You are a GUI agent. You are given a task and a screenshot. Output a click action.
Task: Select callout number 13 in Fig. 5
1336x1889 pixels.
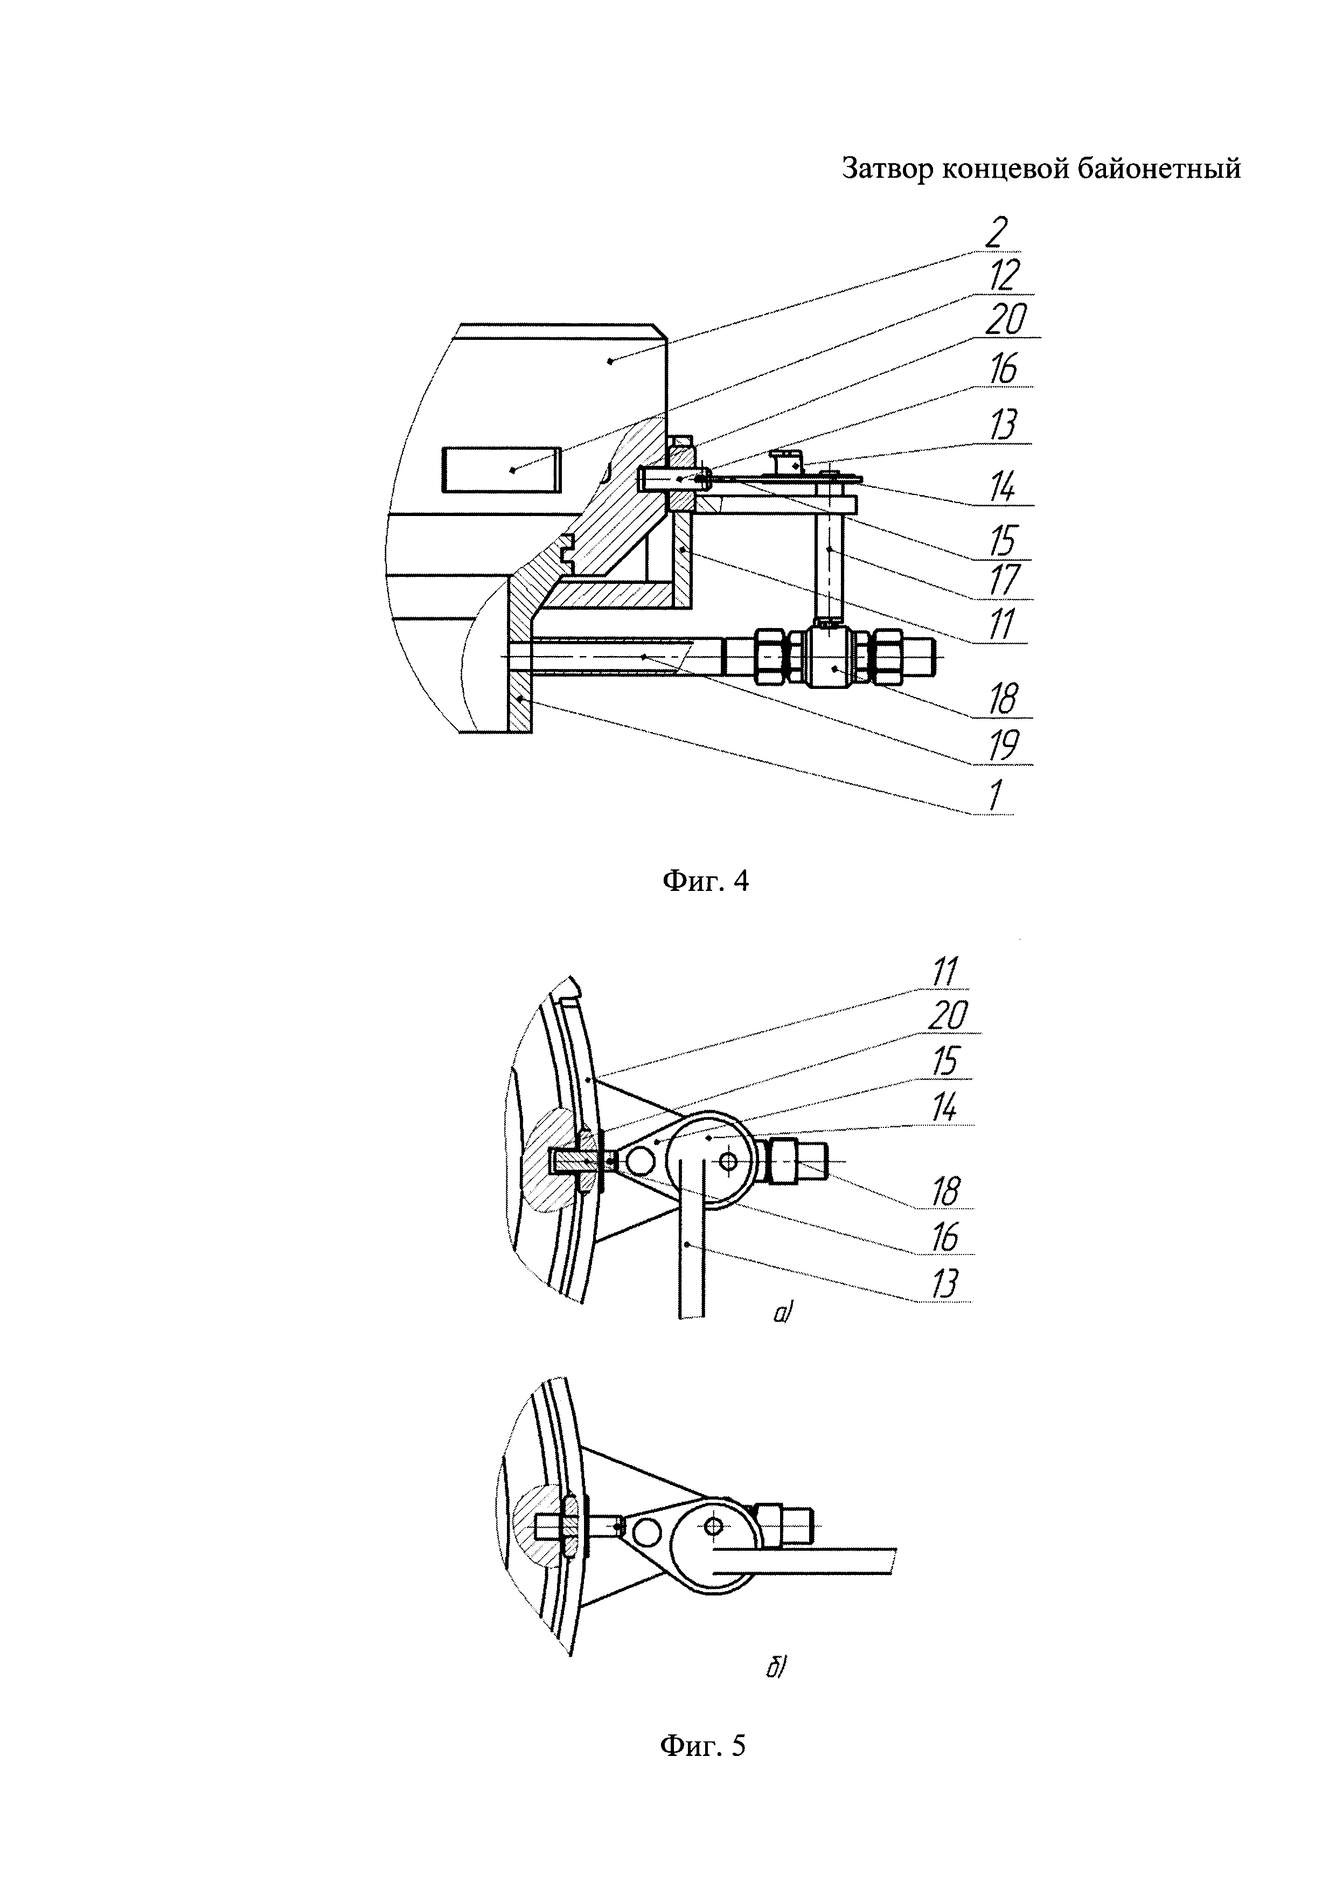coord(946,1284)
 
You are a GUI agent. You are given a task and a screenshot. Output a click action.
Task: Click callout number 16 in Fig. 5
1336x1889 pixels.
coord(946,1237)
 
